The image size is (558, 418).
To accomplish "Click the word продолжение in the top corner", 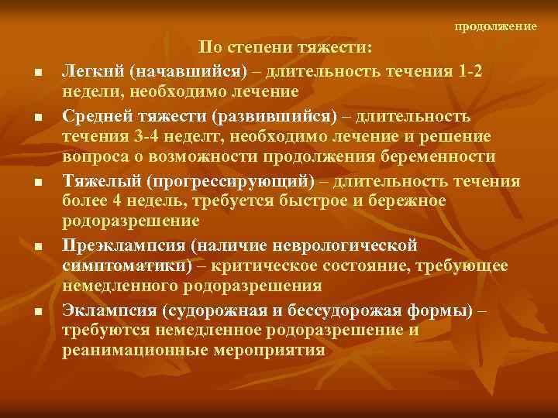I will (495, 26).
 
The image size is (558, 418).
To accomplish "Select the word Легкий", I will (93, 70).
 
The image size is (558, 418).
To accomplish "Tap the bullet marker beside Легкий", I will (38, 74).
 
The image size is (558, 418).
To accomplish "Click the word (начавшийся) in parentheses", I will (186, 70).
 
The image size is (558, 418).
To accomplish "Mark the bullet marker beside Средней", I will (38, 118).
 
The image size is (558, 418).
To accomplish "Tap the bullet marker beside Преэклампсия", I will (38, 248).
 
